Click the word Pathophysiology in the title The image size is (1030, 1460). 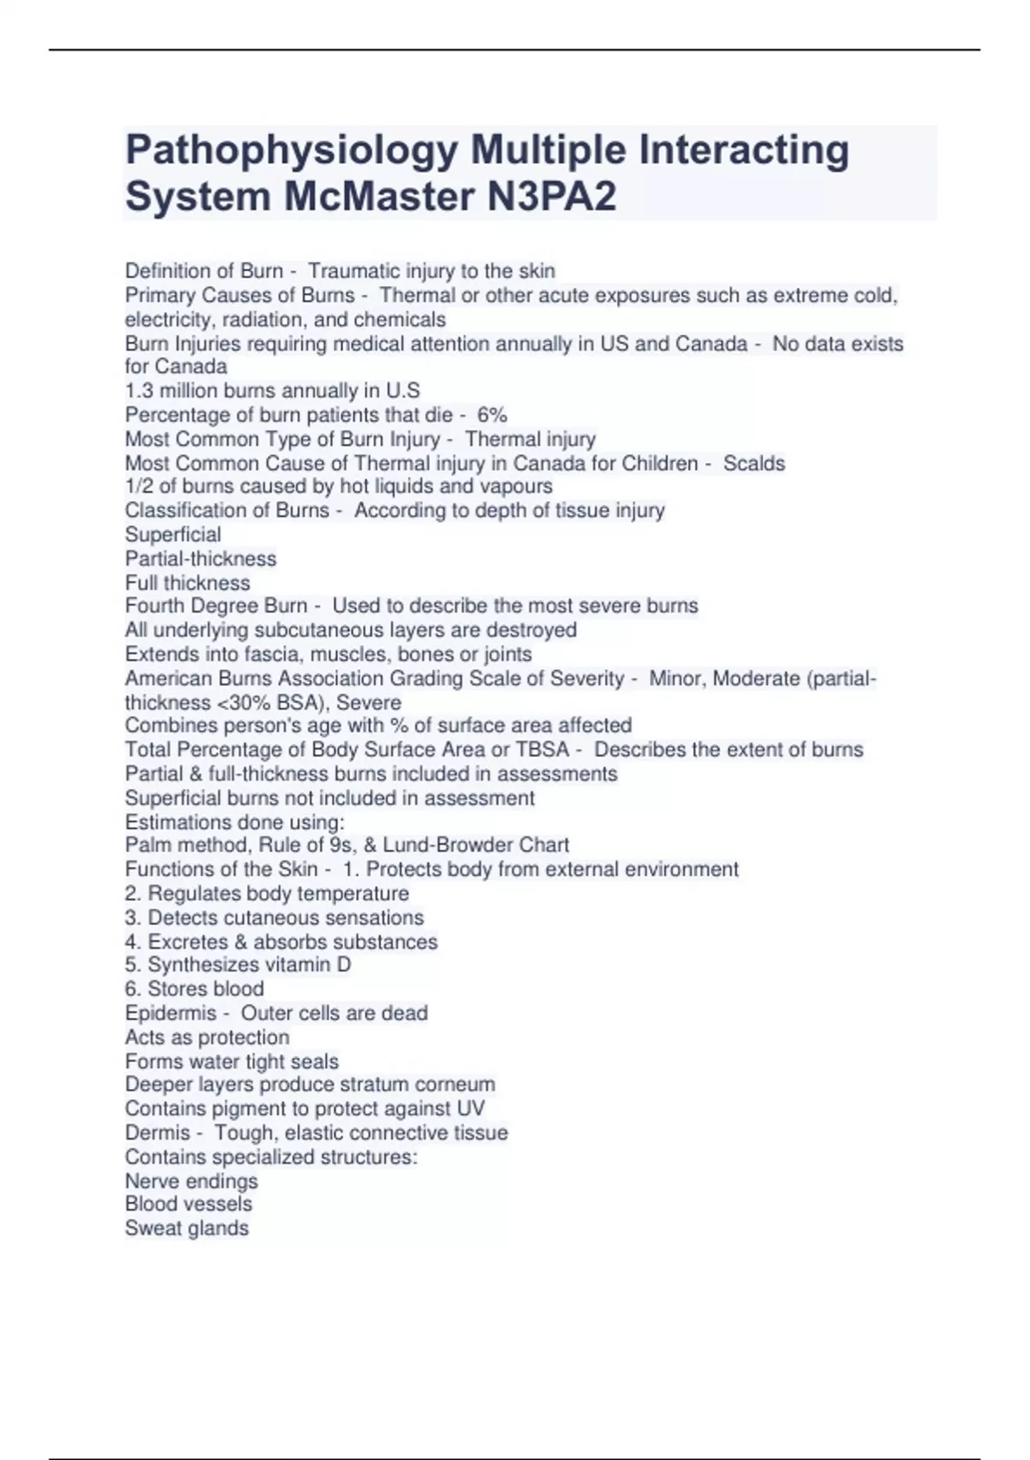click(x=292, y=151)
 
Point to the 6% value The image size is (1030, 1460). click(x=492, y=415)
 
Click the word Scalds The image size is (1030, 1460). click(x=754, y=464)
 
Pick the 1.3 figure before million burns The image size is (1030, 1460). click(x=139, y=391)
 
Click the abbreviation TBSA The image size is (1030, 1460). click(x=542, y=750)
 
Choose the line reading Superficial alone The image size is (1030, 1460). click(x=173, y=534)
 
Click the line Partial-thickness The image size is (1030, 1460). click(x=201, y=559)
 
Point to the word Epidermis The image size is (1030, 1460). click(x=170, y=1013)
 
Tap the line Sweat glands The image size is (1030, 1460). click(x=186, y=1228)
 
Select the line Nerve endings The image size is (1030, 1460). click(x=191, y=1181)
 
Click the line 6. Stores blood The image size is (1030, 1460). click(x=194, y=989)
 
